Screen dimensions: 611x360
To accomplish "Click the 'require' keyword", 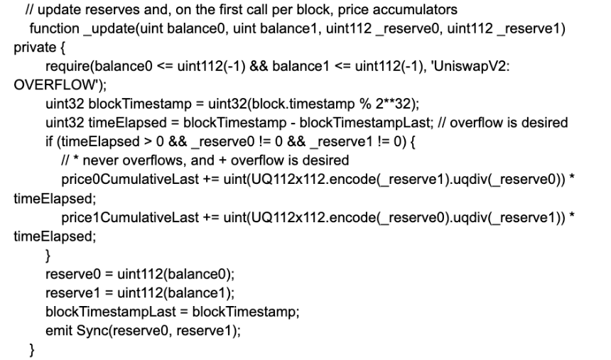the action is click(x=67, y=66).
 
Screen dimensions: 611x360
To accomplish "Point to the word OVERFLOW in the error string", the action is click(x=54, y=85).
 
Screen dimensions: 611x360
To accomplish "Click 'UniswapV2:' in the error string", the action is click(x=471, y=66).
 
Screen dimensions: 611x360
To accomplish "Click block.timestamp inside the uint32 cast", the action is click(x=303, y=104).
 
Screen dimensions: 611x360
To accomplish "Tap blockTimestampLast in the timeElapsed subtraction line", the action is click(x=366, y=123).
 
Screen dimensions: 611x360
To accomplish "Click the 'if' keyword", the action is click(x=49, y=141).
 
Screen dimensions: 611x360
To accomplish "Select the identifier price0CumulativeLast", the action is click(x=130, y=180).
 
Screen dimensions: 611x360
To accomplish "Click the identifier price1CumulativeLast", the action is click(x=130, y=217).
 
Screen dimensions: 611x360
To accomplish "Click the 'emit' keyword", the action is click(x=59, y=331).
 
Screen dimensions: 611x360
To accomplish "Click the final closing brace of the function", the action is click(x=32, y=349).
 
